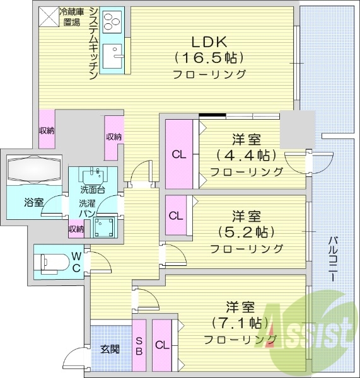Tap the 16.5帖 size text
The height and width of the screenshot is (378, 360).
tap(207, 58)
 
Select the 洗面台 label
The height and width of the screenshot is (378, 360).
tap(92, 190)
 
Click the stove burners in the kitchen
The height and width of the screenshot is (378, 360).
tap(112, 21)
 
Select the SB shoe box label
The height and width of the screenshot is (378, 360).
tap(139, 346)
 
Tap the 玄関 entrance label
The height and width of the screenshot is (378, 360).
tap(110, 350)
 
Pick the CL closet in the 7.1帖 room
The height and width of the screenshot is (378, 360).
tap(161, 345)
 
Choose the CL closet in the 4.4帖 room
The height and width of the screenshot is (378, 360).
tap(179, 154)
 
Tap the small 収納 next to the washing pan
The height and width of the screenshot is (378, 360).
tap(76, 229)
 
